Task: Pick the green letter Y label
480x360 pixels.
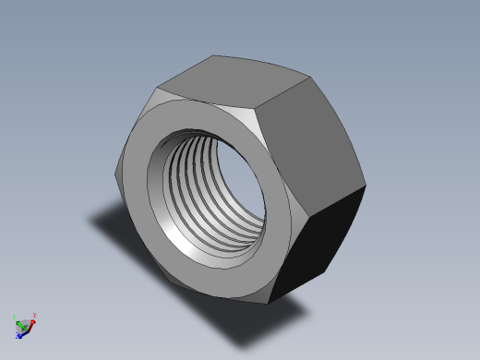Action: (x=14, y=317)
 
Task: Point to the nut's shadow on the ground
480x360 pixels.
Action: (x=120, y=226)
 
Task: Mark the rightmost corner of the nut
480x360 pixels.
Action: (x=366, y=186)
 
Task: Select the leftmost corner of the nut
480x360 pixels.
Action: (x=117, y=180)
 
